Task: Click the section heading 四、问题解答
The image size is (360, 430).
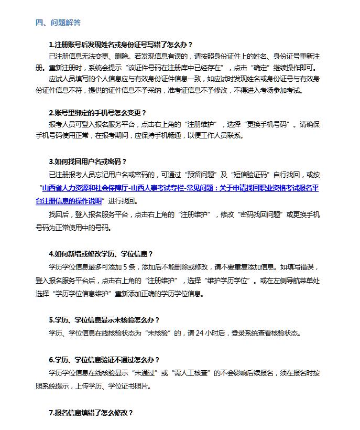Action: pos(58,23)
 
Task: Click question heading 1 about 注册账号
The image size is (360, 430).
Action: pos(121,45)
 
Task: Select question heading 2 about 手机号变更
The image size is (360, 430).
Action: pos(97,112)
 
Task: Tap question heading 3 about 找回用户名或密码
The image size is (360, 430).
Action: pos(88,161)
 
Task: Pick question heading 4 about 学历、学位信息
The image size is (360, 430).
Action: pos(101,254)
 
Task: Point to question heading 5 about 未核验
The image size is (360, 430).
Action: pos(104,320)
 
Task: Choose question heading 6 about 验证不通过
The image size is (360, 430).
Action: pos(104,360)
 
